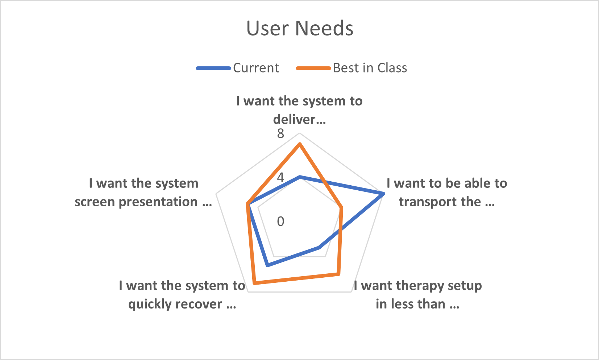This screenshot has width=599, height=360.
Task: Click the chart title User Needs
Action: [x=300, y=28]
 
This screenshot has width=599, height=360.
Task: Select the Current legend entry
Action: [x=238, y=68]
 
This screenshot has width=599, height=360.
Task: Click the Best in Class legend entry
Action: [x=352, y=68]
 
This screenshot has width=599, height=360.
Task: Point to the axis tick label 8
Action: [x=280, y=133]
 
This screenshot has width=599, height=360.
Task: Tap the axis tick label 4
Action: [x=280, y=177]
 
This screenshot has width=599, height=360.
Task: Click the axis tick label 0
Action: [x=280, y=222]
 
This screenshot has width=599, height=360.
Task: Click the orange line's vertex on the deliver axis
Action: [x=300, y=144]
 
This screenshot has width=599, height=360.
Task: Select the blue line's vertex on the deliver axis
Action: [x=300, y=177]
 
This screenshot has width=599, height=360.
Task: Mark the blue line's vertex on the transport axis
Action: [x=383, y=194]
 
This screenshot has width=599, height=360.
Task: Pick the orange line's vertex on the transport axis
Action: [x=341, y=207]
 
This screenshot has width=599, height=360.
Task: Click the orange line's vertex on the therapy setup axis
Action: [x=338, y=274]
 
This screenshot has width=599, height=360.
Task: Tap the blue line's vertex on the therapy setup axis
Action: [x=319, y=248]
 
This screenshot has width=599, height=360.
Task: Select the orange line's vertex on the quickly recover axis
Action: [x=254, y=283]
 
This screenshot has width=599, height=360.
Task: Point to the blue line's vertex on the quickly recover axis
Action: [x=268, y=266]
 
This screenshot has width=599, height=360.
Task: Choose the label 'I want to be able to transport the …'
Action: [x=447, y=193]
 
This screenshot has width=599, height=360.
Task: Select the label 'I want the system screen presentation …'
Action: [x=143, y=193]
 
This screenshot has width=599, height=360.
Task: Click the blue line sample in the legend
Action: [x=213, y=68]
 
